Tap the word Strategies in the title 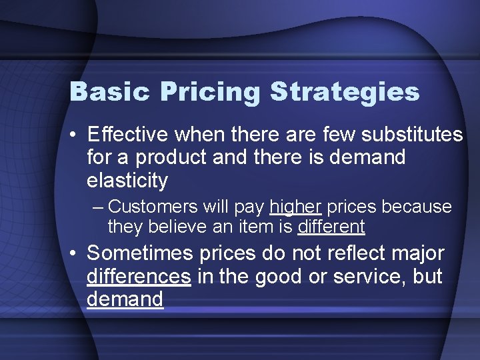click(x=345, y=92)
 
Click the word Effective click(x=128, y=135)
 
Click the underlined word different click(x=331, y=227)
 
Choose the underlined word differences click(x=139, y=276)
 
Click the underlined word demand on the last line click(x=125, y=299)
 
